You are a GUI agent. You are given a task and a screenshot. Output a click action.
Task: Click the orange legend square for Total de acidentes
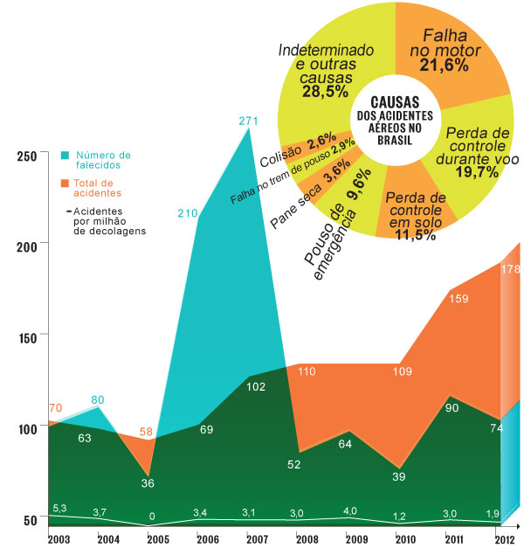tap(65, 184)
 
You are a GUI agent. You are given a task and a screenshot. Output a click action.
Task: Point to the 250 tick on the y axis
tap(28, 156)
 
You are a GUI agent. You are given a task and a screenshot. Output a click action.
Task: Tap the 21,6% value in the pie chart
tap(451, 66)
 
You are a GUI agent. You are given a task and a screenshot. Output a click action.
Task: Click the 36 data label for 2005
tap(149, 482)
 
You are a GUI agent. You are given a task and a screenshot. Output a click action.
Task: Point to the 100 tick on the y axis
tap(28, 428)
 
